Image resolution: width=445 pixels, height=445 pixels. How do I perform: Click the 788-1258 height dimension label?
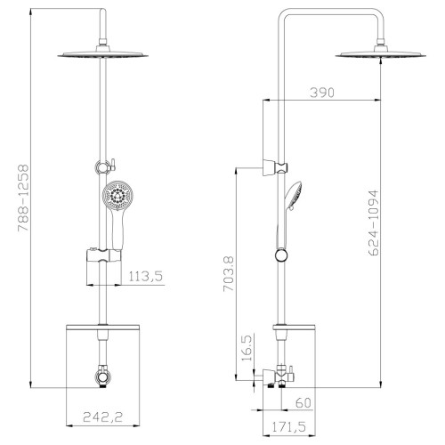point(23,198)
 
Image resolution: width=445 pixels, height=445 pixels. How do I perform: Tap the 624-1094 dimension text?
point(374,222)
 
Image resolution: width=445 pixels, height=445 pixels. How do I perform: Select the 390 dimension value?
point(322,93)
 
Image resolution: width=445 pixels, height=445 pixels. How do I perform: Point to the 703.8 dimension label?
point(229,274)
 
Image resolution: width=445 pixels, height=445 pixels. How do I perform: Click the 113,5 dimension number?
point(146,277)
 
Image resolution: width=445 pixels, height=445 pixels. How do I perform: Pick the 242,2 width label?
point(102,417)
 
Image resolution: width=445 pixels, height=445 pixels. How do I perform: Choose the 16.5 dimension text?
point(247,348)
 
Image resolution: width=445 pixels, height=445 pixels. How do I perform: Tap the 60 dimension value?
point(303,402)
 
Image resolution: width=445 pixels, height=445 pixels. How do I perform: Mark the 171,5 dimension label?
point(288,427)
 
